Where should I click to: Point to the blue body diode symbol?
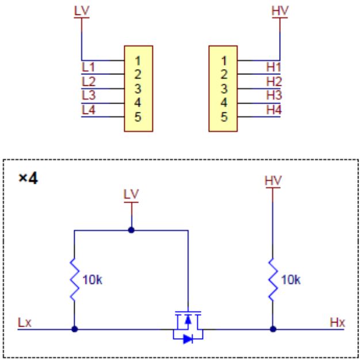click(x=188, y=339)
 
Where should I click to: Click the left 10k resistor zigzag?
click(x=74, y=281)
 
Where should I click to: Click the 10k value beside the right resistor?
click(x=292, y=281)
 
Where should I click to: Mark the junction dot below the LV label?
click(x=132, y=229)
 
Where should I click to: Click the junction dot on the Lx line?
click(x=74, y=330)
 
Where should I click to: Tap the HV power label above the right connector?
click(x=279, y=10)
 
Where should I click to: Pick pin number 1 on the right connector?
click(x=225, y=59)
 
